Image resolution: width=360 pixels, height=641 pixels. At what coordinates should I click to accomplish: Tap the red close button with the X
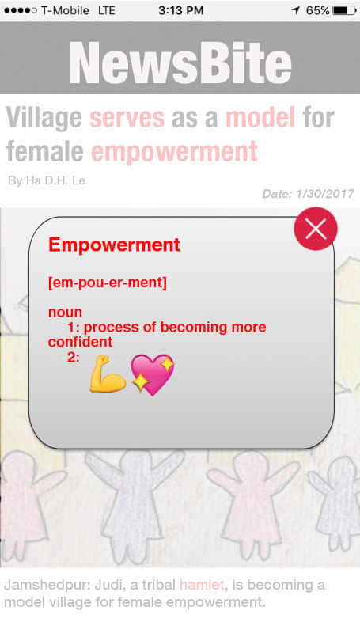pos(316,229)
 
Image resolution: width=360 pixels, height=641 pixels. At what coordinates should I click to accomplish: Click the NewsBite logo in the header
pos(180,63)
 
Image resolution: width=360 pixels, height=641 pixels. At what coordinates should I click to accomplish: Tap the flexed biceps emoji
pos(108,374)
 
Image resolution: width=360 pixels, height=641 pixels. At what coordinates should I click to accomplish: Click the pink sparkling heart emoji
pos(153,375)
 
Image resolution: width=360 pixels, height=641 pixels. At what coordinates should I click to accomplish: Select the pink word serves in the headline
pos(127,117)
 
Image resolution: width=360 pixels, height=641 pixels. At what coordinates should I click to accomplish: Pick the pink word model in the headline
pos(260,117)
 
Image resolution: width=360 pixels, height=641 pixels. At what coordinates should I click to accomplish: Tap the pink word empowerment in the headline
pos(175,152)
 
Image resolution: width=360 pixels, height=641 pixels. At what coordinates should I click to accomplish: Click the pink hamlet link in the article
pos(202,585)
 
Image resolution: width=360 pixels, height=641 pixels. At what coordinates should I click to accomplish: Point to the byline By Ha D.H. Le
pos(47,180)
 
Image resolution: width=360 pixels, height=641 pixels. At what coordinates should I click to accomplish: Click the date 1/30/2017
pos(325,193)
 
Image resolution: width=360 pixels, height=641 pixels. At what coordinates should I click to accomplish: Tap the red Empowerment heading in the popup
pos(114,245)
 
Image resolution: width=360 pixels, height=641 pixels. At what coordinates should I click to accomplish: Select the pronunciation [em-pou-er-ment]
pos(108,283)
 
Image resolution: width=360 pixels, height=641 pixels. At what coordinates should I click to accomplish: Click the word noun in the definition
pos(66,313)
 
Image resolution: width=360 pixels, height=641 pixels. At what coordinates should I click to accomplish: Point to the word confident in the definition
pos(80,342)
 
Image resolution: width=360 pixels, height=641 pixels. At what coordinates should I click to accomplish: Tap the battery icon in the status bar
pos(344,10)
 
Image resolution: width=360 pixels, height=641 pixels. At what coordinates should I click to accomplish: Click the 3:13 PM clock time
pos(180,10)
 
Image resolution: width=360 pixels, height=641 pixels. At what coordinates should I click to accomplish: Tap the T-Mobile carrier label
pos(65,10)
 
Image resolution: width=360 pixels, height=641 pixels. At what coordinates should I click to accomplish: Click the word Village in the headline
pos(44,118)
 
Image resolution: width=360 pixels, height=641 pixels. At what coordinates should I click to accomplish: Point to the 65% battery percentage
pos(317,10)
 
